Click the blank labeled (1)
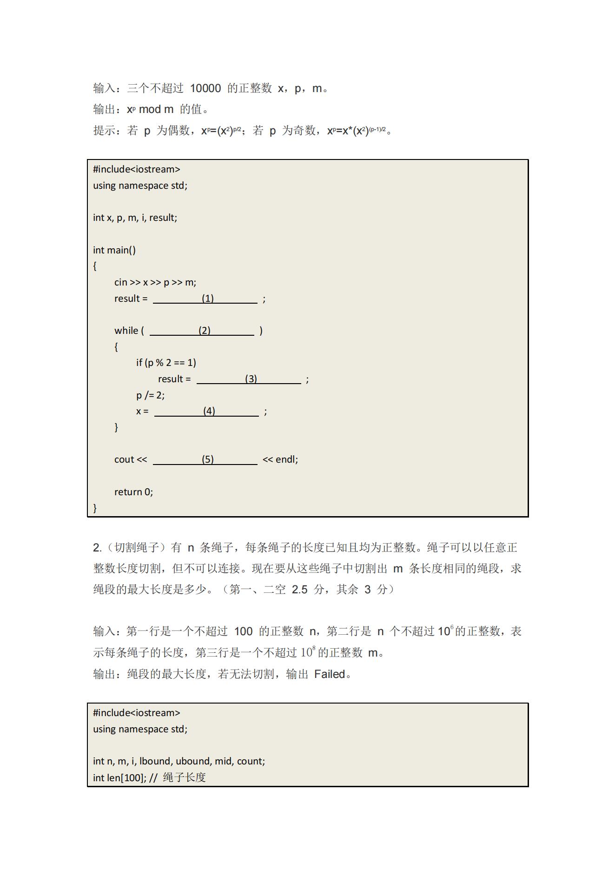coord(205,299)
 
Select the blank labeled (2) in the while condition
coord(202,331)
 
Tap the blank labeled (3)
coord(249,379)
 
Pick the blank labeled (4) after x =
coord(206,411)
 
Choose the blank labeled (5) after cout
coord(205,459)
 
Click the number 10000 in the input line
coord(205,88)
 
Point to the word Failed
coord(330,674)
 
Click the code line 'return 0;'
coord(133,492)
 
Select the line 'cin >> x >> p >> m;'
coord(155,282)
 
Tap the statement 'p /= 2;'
coord(150,395)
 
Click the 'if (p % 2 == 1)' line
coord(166,363)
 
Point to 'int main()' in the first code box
coord(114,250)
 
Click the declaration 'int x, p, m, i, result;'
coord(135,218)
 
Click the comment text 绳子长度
coord(185,777)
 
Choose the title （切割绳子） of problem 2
coord(136,548)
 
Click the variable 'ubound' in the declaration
coord(193,761)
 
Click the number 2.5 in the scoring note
coord(299,590)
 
